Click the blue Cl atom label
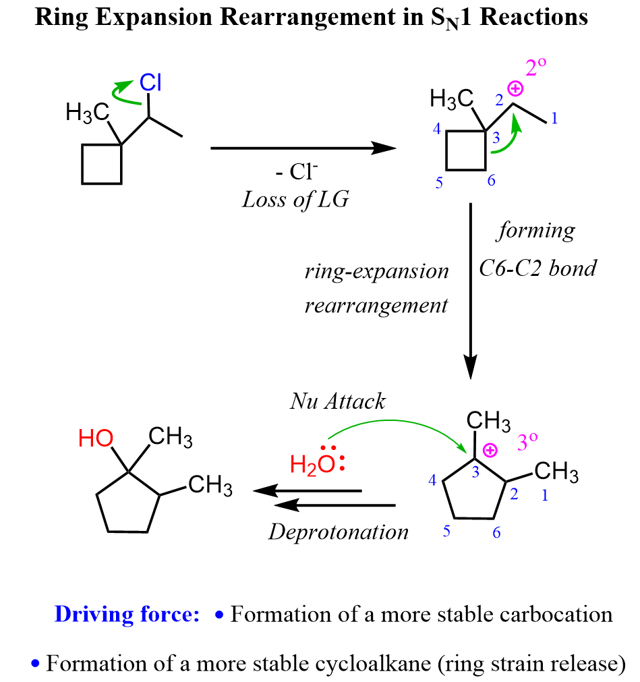coord(150,84)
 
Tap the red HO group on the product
coord(96,439)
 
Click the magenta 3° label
coord(527,443)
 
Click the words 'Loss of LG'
coord(295,200)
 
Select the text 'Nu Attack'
coord(338,401)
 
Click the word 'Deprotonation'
coord(339,532)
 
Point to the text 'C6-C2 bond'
coord(537,268)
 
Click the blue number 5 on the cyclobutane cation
coord(439,183)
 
